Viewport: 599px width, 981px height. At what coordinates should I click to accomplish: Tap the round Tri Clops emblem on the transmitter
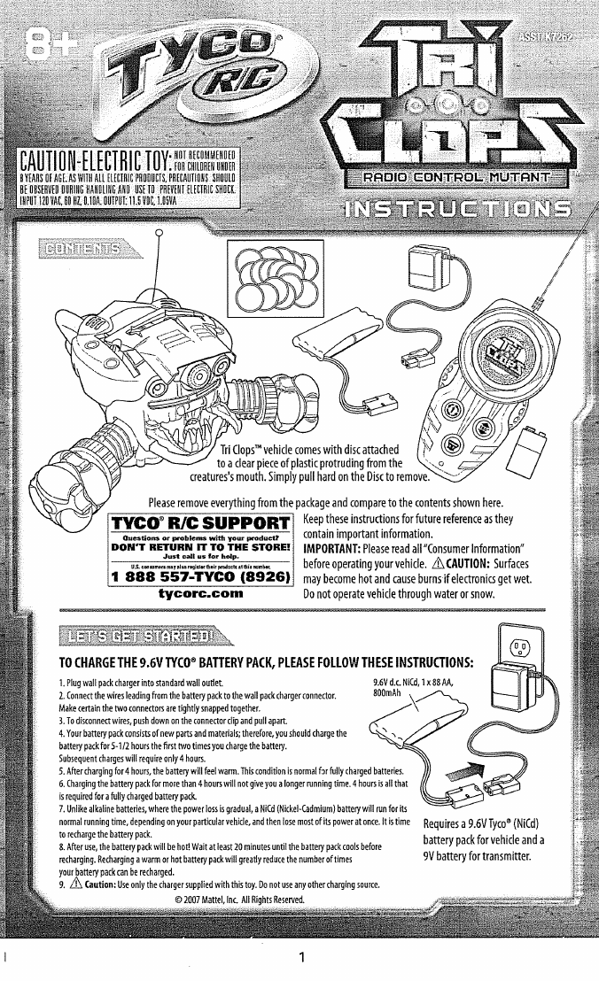[x=456, y=342]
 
